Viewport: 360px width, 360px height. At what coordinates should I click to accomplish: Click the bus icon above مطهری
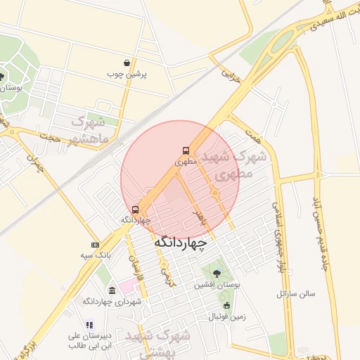[186, 150]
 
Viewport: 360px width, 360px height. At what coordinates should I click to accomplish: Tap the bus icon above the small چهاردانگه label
[136, 210]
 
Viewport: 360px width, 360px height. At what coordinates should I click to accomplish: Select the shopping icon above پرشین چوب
[127, 63]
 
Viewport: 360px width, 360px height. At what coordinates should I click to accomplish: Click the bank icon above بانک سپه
[95, 244]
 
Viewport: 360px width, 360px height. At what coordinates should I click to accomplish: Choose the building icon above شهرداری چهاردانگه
[112, 290]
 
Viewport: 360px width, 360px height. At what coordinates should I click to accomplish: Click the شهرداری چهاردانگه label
[112, 301]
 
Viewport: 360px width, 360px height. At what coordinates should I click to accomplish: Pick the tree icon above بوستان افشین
[216, 274]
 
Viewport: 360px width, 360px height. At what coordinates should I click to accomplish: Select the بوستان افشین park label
[217, 285]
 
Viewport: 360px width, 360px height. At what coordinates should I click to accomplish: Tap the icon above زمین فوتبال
[226, 305]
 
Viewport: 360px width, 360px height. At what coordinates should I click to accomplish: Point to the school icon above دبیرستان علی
[89, 325]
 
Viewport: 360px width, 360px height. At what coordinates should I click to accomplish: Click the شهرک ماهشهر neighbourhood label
[91, 129]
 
